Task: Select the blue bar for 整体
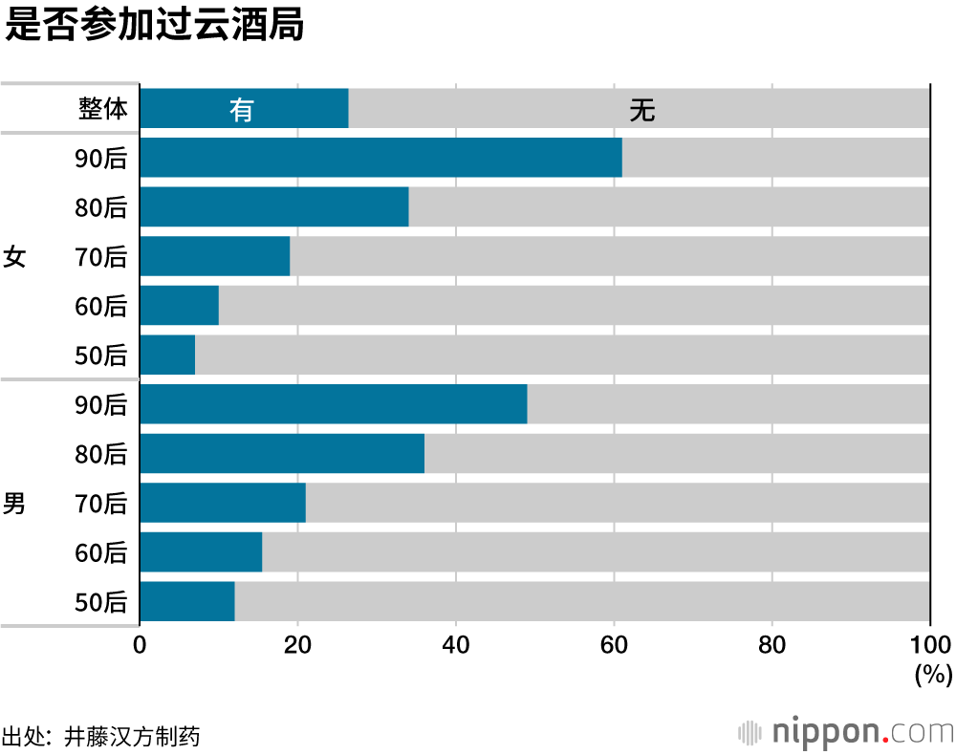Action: (x=244, y=108)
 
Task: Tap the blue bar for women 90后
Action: (x=380, y=158)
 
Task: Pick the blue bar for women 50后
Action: (x=167, y=355)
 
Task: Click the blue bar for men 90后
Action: (x=333, y=404)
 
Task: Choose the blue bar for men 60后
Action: (x=201, y=552)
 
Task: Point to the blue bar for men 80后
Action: (x=282, y=454)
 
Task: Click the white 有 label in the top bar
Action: (x=242, y=110)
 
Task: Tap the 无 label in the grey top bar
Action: (x=641, y=110)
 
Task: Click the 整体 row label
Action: (x=102, y=109)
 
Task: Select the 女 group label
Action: (x=14, y=257)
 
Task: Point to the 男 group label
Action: (x=14, y=504)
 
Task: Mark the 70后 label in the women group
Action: (x=100, y=257)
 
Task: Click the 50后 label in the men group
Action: (x=100, y=602)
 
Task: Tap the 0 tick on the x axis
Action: (x=141, y=645)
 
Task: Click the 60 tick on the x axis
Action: (x=614, y=645)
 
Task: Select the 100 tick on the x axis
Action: (x=933, y=645)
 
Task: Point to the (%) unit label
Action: (x=933, y=675)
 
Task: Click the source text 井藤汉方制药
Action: (x=132, y=737)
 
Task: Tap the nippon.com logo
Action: (x=845, y=732)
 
